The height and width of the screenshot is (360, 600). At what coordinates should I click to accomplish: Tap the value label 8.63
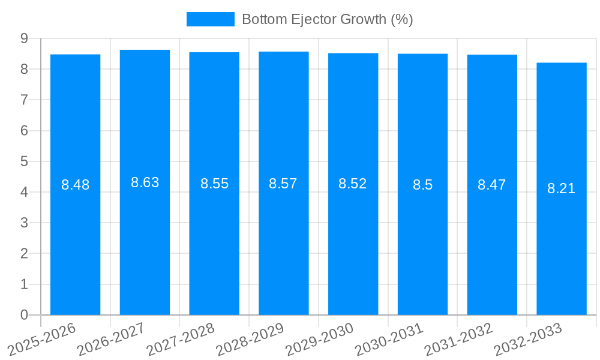pos(145,183)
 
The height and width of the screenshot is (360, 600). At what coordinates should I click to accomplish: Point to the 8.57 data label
pos(283,184)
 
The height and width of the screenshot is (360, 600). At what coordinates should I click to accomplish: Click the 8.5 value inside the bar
pos(422,185)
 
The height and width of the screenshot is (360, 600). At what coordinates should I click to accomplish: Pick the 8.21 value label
pos(562,188)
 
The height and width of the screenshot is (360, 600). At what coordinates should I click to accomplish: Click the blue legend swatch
pos(210,19)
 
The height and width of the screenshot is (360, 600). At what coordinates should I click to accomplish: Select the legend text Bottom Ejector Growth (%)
pos(328,19)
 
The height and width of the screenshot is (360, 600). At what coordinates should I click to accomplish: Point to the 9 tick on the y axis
pos(24,38)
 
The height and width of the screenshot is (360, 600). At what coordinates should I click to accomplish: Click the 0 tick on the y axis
pos(24,315)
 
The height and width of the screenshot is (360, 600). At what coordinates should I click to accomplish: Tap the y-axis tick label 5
pos(24,161)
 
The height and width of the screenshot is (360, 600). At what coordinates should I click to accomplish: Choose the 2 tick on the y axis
pos(24,254)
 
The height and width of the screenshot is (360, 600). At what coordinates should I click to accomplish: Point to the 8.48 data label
pos(76,185)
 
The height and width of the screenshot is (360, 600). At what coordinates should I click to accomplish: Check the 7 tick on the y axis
pos(24,100)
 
